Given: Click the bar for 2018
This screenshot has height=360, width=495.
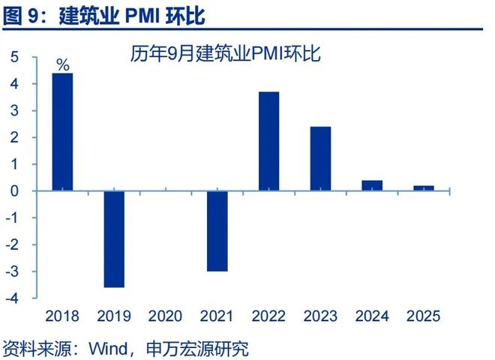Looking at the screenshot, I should point(62,132).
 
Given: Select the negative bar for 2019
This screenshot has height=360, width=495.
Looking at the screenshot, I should point(114,239).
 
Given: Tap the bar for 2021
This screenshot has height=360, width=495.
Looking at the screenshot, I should point(217,231).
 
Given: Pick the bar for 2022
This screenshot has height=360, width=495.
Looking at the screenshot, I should point(268,142).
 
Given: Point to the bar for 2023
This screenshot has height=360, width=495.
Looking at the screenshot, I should point(320,159).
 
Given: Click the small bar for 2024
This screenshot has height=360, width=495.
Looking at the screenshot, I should point(372,186).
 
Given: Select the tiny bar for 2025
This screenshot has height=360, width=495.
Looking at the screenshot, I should point(424,188).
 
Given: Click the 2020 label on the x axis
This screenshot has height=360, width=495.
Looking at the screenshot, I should point(166,316).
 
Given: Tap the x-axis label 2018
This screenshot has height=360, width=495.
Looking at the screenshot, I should point(62,316).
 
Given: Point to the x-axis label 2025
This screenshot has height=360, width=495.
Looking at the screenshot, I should point(424,316).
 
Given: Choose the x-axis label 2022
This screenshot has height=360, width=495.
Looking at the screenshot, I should point(268,316).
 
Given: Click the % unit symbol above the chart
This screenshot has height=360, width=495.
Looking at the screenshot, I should point(63,65).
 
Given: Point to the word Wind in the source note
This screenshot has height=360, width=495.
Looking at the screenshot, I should point(109,348).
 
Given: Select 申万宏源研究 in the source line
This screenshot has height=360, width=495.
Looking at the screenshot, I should point(198,348).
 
